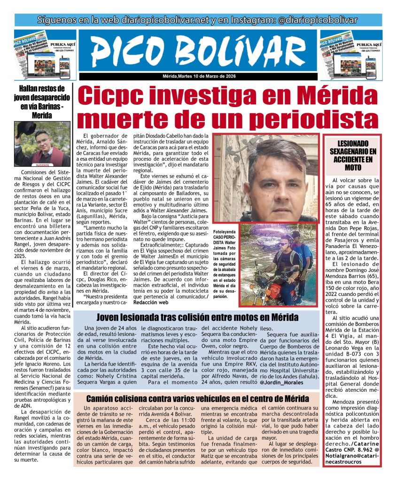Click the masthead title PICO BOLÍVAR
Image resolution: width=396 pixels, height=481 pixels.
(198, 51)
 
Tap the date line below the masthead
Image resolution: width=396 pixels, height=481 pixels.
(198, 77)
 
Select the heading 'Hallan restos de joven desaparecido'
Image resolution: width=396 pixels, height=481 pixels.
(41, 101)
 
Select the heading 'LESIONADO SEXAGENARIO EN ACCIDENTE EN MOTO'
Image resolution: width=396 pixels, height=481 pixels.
(353, 155)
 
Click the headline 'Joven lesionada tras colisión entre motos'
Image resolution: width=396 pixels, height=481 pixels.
(197, 317)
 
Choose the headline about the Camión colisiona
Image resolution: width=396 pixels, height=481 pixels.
(197, 399)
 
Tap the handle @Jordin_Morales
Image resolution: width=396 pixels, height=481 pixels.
(281, 382)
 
